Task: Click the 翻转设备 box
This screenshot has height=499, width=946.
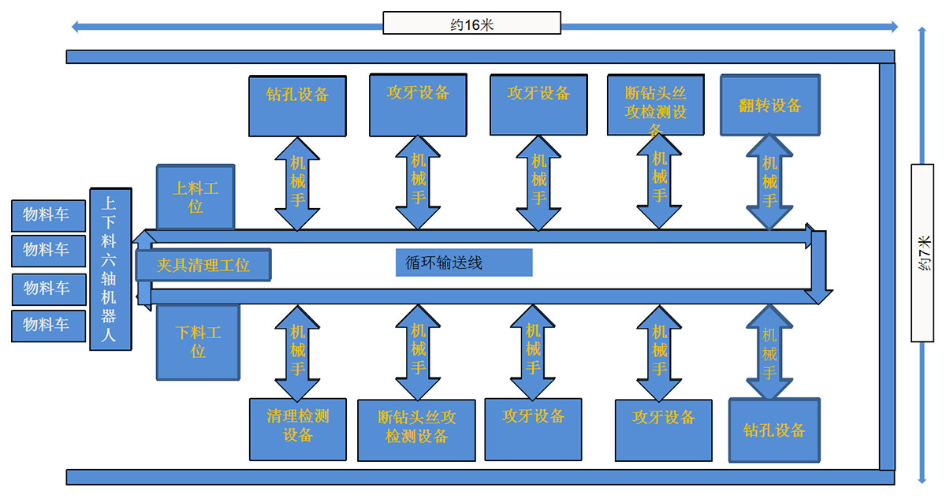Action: [769, 104]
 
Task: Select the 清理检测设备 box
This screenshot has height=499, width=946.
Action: [297, 428]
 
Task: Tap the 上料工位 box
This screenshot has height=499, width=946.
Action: [196, 196]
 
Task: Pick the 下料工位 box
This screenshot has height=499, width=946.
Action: [198, 341]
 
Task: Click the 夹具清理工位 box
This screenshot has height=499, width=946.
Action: [203, 266]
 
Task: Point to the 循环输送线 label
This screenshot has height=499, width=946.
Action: [464, 263]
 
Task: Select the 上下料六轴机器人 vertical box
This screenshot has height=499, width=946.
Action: [110, 268]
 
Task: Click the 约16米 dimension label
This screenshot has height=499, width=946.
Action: [471, 24]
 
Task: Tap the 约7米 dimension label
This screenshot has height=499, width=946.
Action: [922, 253]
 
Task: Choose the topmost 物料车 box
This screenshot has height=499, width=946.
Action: [48, 214]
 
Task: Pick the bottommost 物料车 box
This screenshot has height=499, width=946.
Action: [48, 325]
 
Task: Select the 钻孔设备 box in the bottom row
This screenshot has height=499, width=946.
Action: [774, 430]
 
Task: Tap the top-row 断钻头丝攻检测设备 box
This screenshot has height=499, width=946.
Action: [656, 104]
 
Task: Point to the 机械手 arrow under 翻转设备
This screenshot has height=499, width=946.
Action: [769, 182]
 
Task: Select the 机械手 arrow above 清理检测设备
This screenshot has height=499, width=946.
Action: [297, 352]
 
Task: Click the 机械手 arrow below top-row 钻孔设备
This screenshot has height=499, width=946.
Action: [297, 182]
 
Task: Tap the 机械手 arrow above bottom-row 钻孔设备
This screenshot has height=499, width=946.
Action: [769, 352]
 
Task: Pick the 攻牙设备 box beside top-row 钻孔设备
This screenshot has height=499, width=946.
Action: [418, 104]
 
